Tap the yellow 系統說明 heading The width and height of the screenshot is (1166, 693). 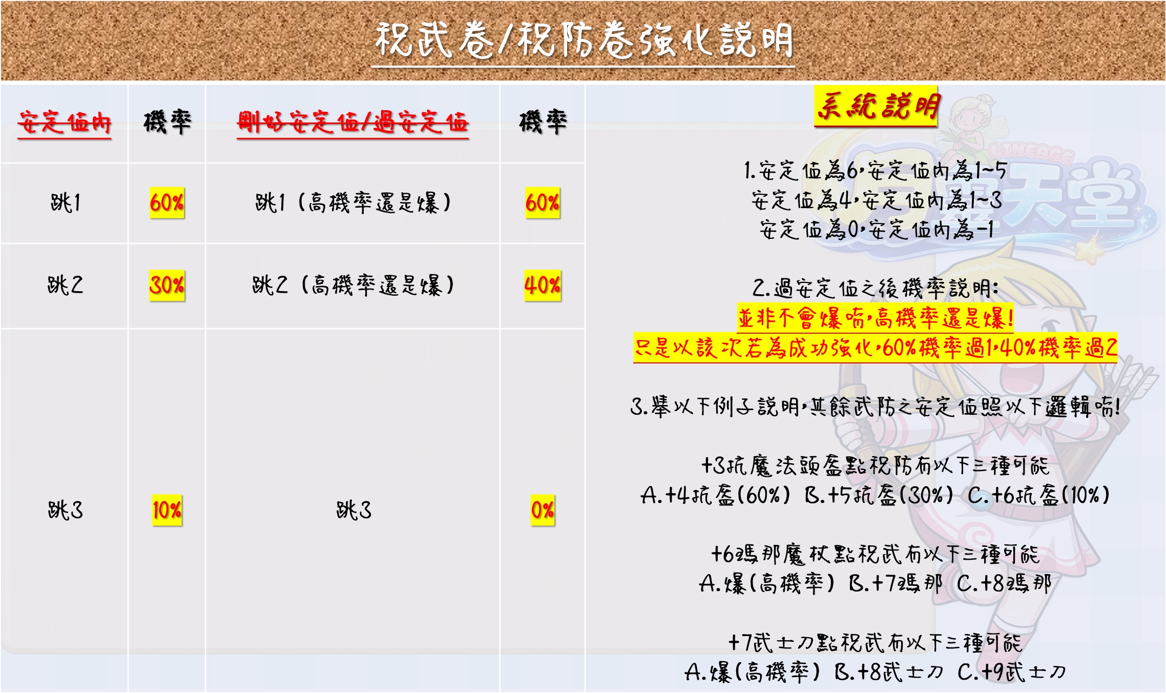(x=876, y=107)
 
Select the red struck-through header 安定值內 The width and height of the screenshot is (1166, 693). (x=65, y=123)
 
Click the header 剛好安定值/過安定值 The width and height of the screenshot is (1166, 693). (x=352, y=123)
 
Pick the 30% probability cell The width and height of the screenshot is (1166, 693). (x=167, y=286)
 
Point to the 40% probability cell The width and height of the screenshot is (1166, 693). (x=543, y=286)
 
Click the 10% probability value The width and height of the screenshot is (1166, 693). (x=167, y=510)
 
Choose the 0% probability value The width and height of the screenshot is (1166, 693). (x=543, y=510)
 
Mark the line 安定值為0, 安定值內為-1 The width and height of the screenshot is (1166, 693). (x=876, y=230)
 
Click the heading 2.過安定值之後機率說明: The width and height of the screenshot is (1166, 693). (x=876, y=289)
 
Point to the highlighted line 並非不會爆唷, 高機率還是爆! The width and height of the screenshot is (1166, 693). (x=876, y=319)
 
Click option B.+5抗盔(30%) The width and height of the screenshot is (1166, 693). (x=879, y=496)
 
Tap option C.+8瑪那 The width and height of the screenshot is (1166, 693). (x=1004, y=584)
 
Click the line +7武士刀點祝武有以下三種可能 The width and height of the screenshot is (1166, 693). (x=876, y=643)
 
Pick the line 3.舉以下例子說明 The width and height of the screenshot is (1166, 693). (x=876, y=407)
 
